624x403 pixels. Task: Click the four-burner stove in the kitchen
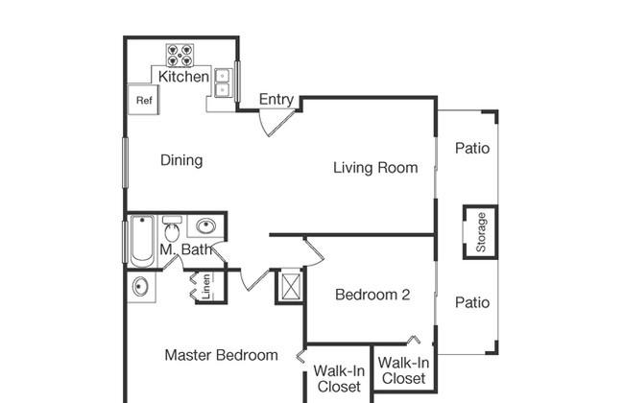(180, 56)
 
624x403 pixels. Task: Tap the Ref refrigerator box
(143, 100)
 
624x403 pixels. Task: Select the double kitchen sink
(223, 83)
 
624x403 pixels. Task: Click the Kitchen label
(183, 77)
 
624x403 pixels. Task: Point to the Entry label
(276, 99)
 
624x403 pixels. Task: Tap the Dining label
(181, 160)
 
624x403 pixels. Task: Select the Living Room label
(375, 168)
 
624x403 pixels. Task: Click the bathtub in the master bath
(142, 241)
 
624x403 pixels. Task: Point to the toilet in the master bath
(172, 229)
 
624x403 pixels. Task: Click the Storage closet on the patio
(481, 232)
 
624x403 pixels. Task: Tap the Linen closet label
(205, 287)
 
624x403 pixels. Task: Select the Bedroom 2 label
(372, 295)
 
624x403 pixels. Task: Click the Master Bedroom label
(221, 355)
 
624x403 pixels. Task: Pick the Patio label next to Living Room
(472, 149)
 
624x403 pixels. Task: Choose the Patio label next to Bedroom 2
(472, 303)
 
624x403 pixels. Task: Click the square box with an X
(291, 286)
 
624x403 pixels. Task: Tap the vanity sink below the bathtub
(140, 287)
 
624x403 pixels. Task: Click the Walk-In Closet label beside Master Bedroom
(339, 379)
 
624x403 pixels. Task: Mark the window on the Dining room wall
(125, 162)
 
